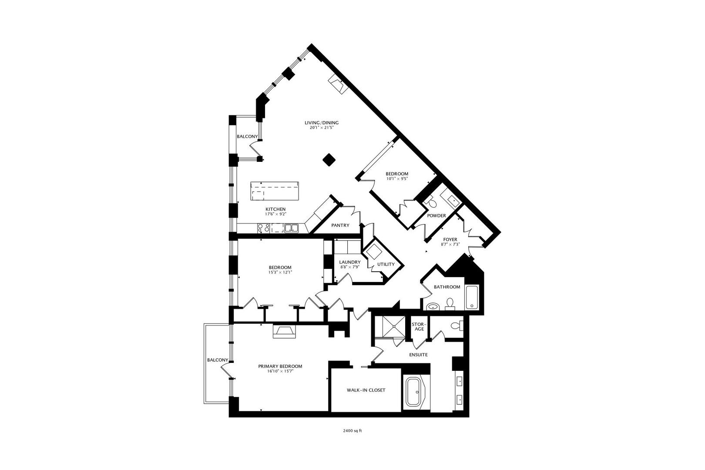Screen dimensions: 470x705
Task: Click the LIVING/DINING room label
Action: [x=321, y=123]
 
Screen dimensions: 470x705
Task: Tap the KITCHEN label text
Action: [x=275, y=209]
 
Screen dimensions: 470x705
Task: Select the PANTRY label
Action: [x=340, y=225]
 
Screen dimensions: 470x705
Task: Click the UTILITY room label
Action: [x=386, y=264]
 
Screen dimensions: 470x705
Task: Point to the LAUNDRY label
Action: [x=350, y=262]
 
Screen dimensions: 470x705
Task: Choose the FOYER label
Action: [x=450, y=239]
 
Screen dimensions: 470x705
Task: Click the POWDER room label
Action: [x=436, y=216]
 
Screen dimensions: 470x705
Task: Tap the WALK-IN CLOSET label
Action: [x=366, y=390]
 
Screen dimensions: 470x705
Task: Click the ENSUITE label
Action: [x=418, y=355]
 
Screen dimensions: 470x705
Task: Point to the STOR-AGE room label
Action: [x=419, y=326]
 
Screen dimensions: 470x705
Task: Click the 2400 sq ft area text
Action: [x=352, y=431]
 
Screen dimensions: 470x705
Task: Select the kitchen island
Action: [x=275, y=191]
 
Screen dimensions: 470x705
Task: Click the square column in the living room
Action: [x=329, y=160]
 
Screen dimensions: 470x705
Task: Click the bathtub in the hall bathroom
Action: [x=472, y=297]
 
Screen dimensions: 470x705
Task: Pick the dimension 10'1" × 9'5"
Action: [x=397, y=178]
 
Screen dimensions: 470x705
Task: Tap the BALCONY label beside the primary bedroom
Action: [x=218, y=360]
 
